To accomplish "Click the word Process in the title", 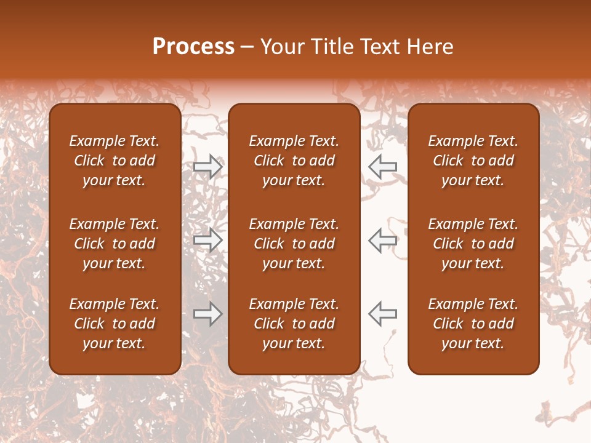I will pos(193,47).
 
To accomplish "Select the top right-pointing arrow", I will pos(208,167).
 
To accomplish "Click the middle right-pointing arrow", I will pos(208,240).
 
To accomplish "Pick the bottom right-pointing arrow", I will pos(208,314).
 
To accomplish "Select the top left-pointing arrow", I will pos(383,167).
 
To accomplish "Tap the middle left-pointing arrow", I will pos(383,240).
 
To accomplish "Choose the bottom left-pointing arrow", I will pos(383,314).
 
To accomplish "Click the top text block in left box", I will pos(115,161).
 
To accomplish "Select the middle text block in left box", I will pos(115,244).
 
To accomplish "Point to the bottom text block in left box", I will pos(115,324).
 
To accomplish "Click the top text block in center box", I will pos(294,161).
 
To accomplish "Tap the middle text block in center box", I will pos(294,244).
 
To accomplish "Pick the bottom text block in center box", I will pos(294,324).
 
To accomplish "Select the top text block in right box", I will pos(473,161).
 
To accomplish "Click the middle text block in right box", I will pos(473,244).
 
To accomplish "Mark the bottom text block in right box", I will pos(473,324).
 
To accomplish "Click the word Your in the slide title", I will pos(280,47).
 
